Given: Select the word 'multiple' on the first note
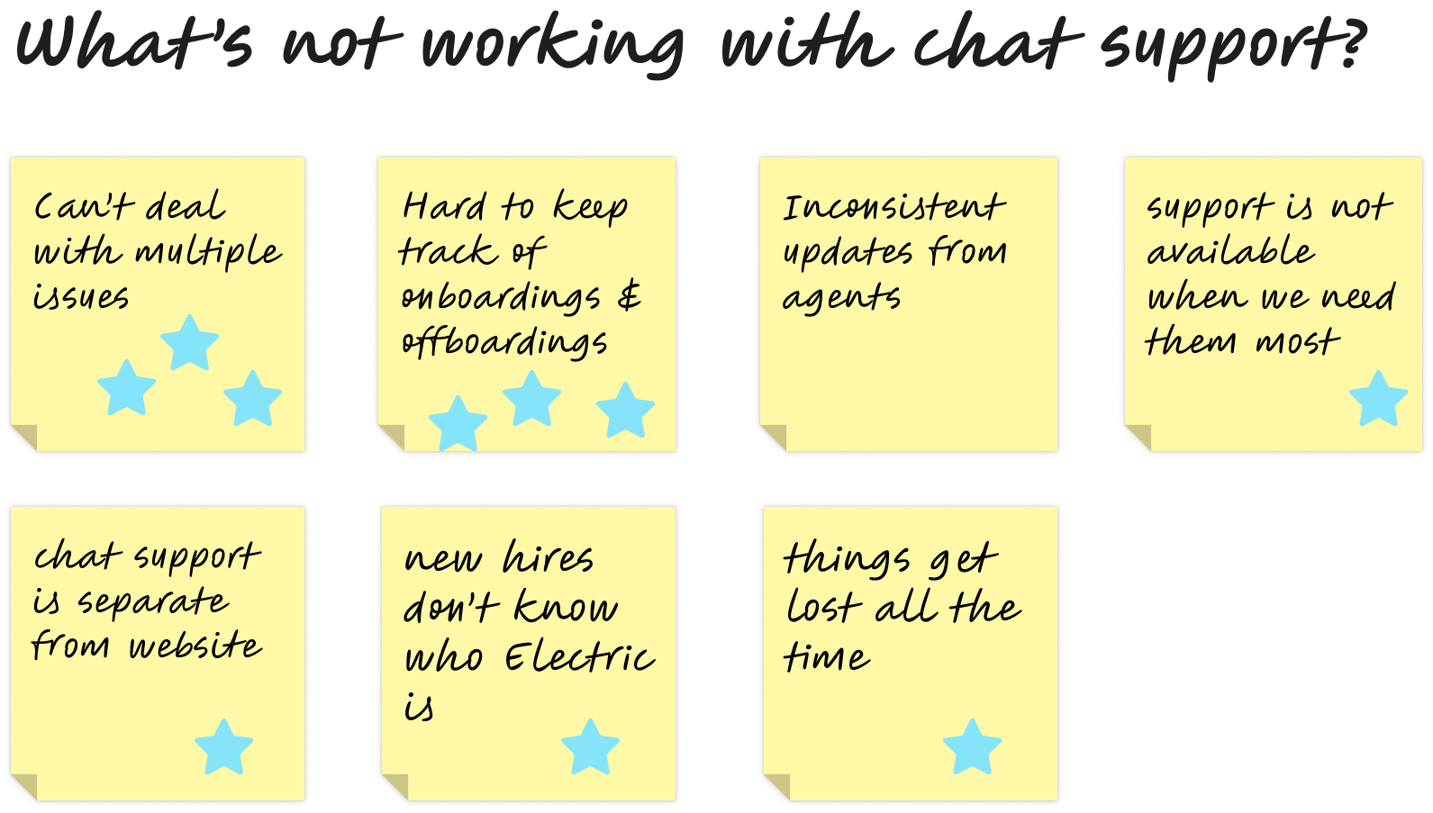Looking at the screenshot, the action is point(208,253).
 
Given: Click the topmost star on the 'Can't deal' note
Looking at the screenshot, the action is point(189,342).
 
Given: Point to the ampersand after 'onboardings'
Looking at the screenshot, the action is point(630,295).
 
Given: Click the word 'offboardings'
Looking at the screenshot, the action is point(504,343).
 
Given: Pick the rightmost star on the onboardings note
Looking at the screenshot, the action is point(625,411).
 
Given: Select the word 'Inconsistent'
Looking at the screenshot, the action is point(893,208).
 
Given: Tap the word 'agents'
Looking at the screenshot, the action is point(841,298).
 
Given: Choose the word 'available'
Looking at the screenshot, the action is point(1230,252).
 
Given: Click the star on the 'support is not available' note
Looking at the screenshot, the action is point(1378,399).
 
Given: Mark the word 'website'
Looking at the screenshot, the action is point(195,646).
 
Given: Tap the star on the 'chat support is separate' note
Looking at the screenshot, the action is point(223,746).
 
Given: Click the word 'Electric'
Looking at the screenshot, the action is point(579,657).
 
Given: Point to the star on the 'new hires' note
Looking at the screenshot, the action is point(590,746).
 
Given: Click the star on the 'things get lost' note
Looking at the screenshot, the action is point(972,746).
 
